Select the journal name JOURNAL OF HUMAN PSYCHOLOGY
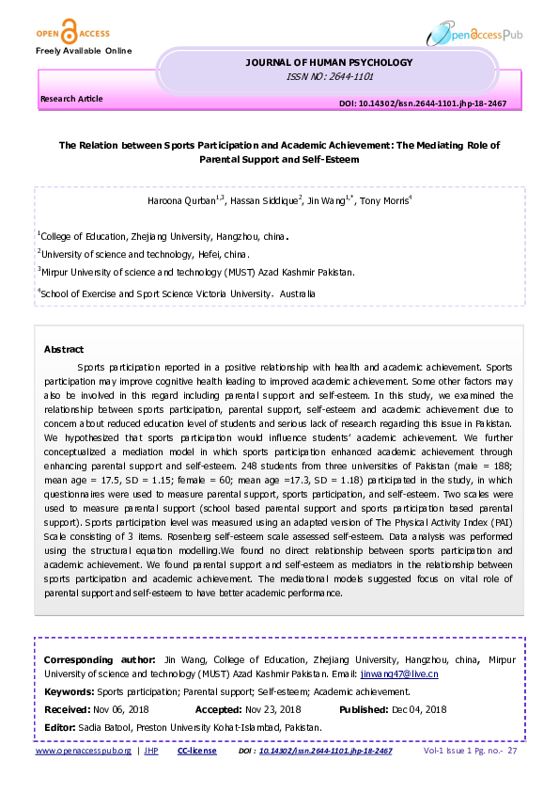tap(329, 63)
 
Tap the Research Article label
tap(71, 99)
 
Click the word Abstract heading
tap(64, 349)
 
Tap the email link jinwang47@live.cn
tap(399, 674)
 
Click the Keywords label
tap(70, 691)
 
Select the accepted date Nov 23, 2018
tap(272, 709)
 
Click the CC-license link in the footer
tap(196, 751)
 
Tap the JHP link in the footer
tap(150, 751)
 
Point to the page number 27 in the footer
tap(512, 751)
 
